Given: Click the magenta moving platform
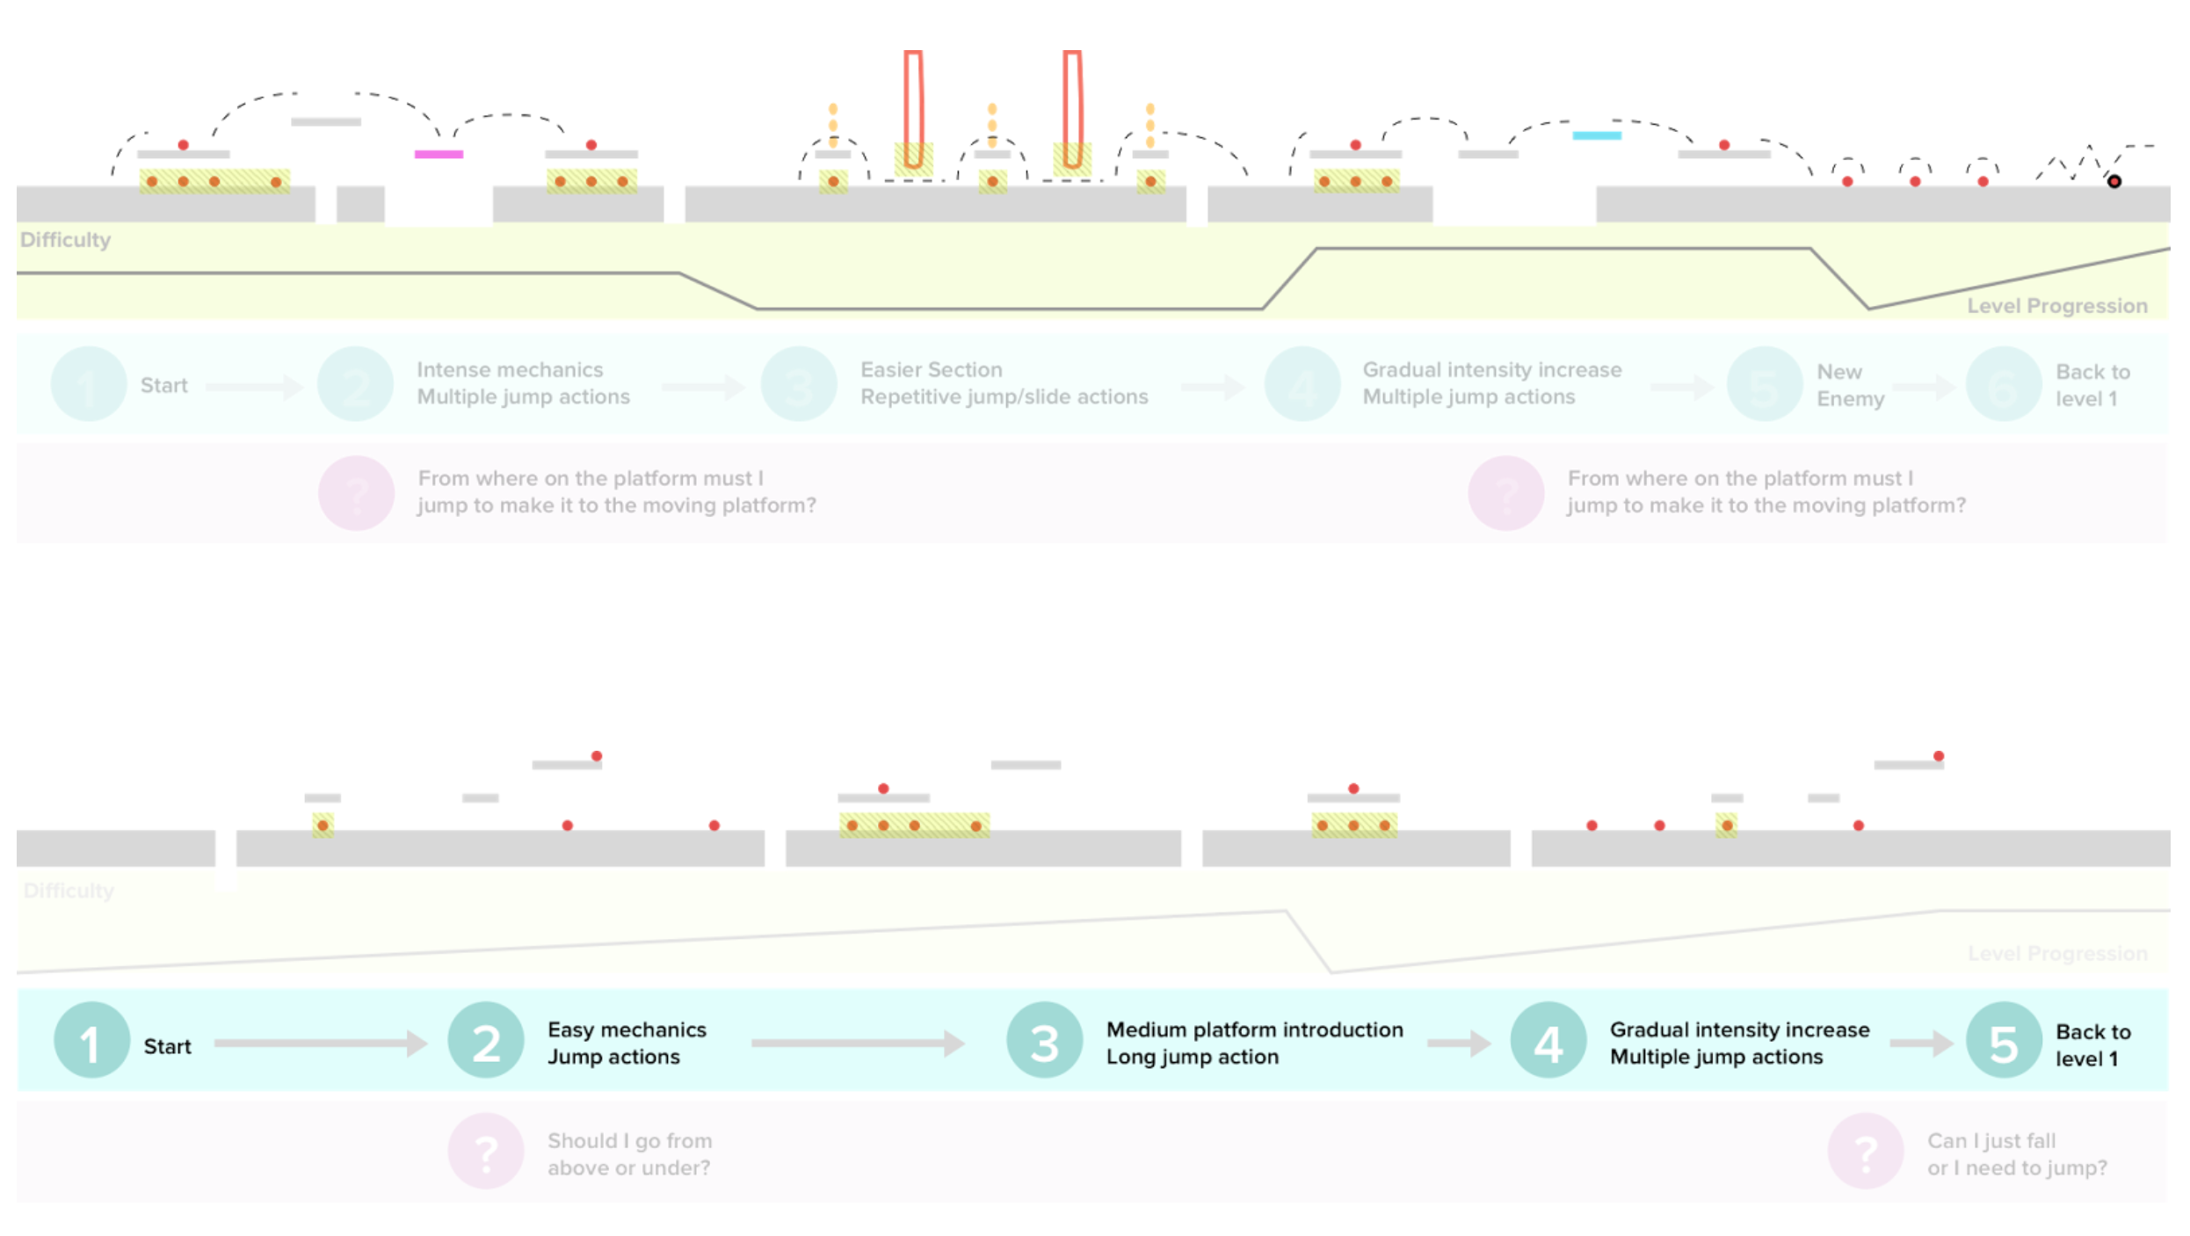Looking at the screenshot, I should pos(439,154).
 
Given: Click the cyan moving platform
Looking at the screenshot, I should pos(1596,135).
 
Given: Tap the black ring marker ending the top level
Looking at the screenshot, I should pos(2114,181).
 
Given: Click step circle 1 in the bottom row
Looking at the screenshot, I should pos(91,1043).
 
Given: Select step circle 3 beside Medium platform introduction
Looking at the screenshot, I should pos(1044,1043).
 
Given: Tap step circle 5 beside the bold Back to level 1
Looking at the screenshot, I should pos(2003,1043).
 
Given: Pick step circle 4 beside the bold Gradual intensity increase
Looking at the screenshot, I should pos(1548,1043).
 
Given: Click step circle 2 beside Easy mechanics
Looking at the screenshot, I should pos(485,1043).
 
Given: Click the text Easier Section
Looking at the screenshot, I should pos(931,369).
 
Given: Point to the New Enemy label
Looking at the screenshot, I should pos(1849,385).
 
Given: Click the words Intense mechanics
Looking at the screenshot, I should pos(510,369).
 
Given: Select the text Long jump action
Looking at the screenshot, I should pos(1192,1057).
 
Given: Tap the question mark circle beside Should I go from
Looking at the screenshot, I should pos(485,1152).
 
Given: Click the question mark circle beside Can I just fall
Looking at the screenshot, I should pos(1865,1152).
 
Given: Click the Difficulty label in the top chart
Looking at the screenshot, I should pos(65,240).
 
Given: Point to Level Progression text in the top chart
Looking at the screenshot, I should pos(2056,306).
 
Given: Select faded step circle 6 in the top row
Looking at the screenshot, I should pos(2003,384).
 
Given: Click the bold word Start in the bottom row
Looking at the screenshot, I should pos(167,1046).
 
